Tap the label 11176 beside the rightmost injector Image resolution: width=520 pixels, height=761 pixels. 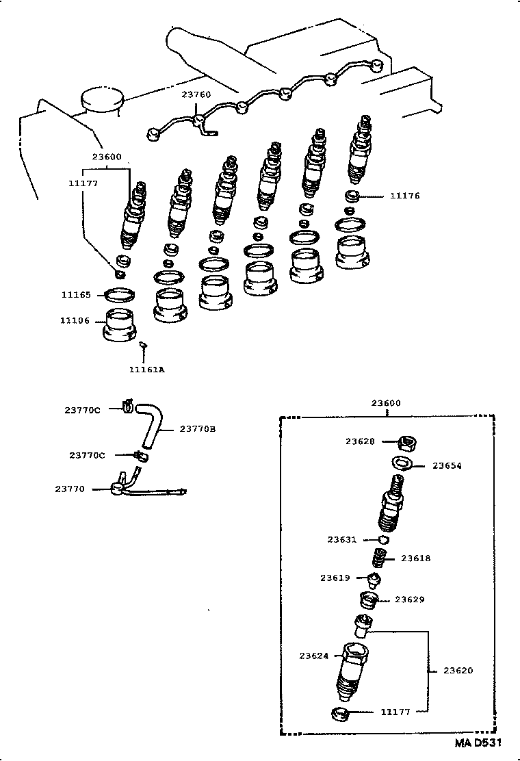[x=404, y=196]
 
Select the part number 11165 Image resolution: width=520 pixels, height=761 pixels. [x=75, y=295]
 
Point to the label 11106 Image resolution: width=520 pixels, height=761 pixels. [x=75, y=320]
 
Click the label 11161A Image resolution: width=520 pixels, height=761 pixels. [x=146, y=370]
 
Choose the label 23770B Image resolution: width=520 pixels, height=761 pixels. [x=198, y=429]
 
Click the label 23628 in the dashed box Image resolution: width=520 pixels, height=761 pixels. [x=360, y=442]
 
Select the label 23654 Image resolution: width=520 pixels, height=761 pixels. [x=447, y=466]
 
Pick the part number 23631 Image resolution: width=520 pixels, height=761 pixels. [x=342, y=540]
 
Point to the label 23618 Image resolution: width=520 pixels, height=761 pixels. [x=415, y=558]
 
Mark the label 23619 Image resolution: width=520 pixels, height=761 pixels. [x=335, y=578]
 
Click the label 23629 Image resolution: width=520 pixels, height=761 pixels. [x=410, y=599]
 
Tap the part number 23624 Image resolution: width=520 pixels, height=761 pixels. [x=314, y=656]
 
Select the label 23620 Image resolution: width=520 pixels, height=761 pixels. [x=458, y=671]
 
